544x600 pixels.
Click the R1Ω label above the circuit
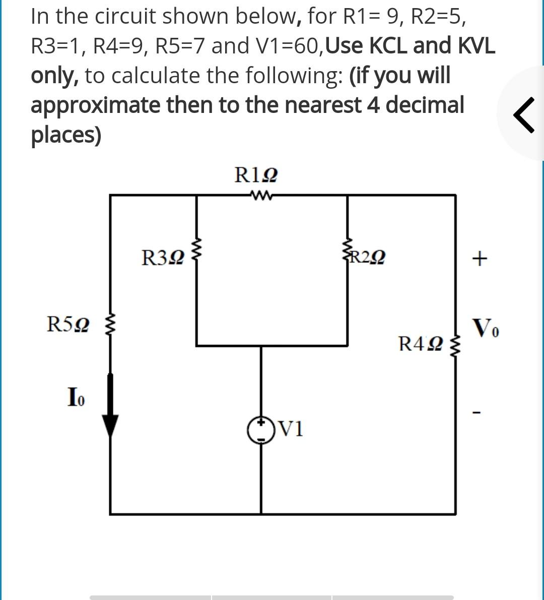[255, 175]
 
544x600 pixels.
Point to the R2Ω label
[368, 258]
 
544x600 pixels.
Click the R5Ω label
[69, 324]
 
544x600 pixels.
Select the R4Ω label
[420, 344]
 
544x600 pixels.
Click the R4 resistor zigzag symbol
[456, 346]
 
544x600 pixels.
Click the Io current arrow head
[111, 427]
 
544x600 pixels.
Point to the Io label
[76, 397]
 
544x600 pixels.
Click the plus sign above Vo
[479, 259]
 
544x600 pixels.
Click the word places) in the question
[66, 135]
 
